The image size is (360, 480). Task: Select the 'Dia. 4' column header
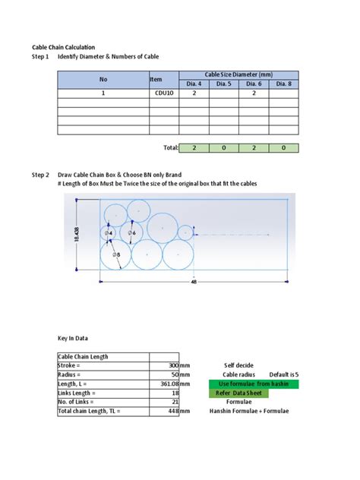click(194, 84)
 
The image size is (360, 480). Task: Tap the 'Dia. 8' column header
click(283, 84)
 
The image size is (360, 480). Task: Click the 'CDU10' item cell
click(163, 93)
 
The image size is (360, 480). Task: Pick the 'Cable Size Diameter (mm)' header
click(239, 74)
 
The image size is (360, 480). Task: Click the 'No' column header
click(103, 79)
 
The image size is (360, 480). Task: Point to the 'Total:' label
click(171, 148)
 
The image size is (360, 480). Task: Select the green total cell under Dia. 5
click(224, 148)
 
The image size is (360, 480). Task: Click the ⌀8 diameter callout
click(117, 254)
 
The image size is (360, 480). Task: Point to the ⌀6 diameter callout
click(131, 232)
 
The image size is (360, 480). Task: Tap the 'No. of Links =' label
click(81, 402)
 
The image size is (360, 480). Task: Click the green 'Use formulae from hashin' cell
click(254, 384)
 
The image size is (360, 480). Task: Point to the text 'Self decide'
click(239, 365)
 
